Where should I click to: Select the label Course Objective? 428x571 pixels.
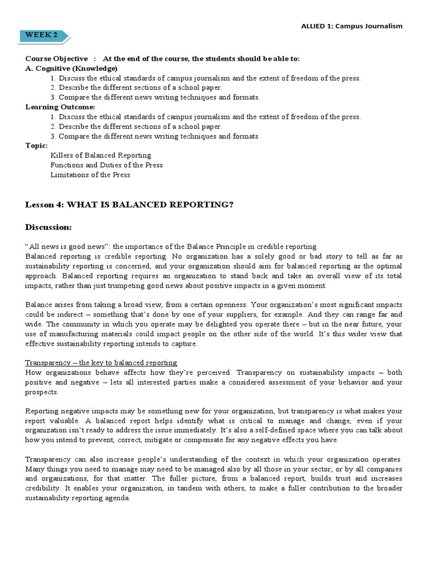[x=56, y=59]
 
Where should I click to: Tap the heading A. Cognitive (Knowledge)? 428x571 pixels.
[x=71, y=68]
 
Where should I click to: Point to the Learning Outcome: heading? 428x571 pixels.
[x=60, y=107]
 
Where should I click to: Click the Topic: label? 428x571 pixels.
[x=37, y=146]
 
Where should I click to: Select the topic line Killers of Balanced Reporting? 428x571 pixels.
[x=100, y=155]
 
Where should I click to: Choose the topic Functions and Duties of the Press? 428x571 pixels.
[x=106, y=165]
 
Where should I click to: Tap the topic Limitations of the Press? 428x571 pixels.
[x=90, y=175]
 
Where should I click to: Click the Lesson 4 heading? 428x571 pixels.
[x=129, y=204]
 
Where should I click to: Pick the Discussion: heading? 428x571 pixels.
[x=48, y=227]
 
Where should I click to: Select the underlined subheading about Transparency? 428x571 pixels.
[x=101, y=362]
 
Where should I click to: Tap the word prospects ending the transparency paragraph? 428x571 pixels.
[x=42, y=392]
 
